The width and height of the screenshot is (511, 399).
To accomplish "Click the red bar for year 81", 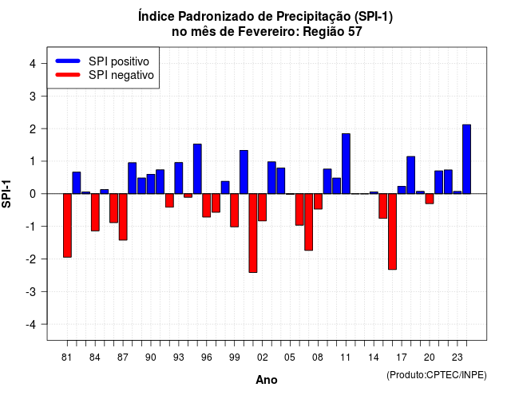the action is point(67,225).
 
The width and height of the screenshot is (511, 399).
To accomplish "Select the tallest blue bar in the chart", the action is point(466,159).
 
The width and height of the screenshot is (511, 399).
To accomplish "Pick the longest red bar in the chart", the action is point(253,233).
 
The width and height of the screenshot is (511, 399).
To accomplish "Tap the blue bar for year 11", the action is point(346,164).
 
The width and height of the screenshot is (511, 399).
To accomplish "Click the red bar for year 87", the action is point(123,216).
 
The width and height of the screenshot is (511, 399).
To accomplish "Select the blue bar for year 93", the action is point(179,178).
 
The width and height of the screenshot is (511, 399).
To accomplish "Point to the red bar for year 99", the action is point(234,210).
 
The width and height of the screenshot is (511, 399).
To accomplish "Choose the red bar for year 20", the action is point(430,199).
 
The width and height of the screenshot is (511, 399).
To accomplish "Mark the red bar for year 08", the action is point(318,201).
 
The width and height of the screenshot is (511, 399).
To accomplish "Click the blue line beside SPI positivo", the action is point(68,61).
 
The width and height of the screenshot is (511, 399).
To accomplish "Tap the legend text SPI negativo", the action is point(121,75).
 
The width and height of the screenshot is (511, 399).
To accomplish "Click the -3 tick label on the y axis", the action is point(31,291).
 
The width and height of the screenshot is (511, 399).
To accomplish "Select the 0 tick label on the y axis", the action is point(33,194).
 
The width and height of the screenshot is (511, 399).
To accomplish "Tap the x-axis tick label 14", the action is point(374,358).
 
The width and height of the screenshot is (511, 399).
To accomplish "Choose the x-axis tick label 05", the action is point(290,358).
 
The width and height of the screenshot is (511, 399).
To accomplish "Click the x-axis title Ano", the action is point(267,380).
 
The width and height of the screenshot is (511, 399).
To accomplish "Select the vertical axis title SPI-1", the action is point(6,194).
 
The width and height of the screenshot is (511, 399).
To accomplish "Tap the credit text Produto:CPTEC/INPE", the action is point(437,375).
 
